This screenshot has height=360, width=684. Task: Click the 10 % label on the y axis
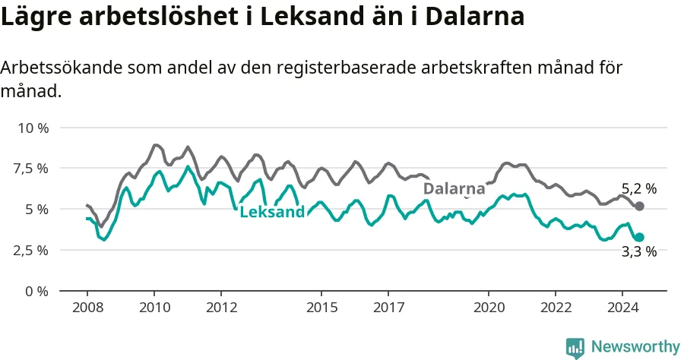pos(33,128)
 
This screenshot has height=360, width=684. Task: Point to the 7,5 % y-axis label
pos(31,169)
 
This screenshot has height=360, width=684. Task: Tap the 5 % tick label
pos(36,209)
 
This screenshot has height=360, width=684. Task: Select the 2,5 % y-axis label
pos(31,251)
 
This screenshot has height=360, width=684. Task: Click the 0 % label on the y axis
pos(36,291)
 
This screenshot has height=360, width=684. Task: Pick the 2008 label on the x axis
pos(87,308)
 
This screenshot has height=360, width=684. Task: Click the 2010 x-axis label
pos(154,308)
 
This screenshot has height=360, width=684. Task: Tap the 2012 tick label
pos(222,308)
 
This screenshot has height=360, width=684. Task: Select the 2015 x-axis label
pos(322,308)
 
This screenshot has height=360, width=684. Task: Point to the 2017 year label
pos(388,308)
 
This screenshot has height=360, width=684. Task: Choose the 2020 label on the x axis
pos(489,308)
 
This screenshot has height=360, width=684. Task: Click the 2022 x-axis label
pos(556,308)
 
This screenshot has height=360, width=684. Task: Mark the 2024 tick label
pos(623,308)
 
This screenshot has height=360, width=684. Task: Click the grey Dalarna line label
pos(454,188)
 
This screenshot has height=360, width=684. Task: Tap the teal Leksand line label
pos(272,212)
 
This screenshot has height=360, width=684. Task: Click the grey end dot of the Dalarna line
pos(639,206)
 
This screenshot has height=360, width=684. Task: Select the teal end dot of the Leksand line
pos(639,237)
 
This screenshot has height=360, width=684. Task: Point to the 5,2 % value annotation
pos(639,188)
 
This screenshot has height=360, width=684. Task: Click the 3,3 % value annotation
pos(639,251)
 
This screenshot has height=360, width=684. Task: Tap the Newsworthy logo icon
pos(575,349)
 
